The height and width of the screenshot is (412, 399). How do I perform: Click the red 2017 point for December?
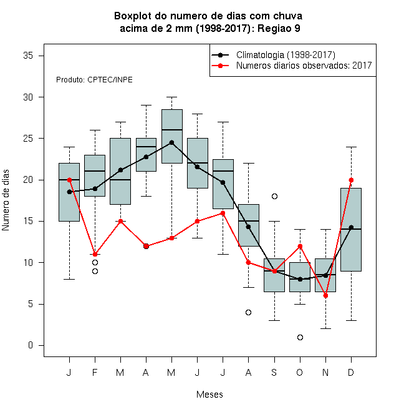[x=351, y=180]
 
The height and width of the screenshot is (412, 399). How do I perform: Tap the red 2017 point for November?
[x=325, y=296]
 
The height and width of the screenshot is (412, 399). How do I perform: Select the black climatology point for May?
[x=171, y=142]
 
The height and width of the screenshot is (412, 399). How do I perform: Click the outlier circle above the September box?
[x=274, y=196]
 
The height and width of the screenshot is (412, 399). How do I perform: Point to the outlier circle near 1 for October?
[x=300, y=337]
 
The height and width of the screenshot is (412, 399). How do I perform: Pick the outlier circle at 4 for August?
[x=248, y=312]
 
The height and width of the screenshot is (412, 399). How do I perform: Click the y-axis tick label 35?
[x=28, y=56]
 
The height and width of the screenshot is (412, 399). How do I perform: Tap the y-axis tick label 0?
[x=31, y=345]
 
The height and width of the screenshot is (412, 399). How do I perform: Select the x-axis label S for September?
[x=274, y=372]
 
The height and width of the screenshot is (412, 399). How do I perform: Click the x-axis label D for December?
[x=351, y=372]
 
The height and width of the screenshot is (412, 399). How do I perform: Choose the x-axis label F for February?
[x=95, y=372]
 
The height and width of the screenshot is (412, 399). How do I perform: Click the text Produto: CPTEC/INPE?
[x=94, y=80]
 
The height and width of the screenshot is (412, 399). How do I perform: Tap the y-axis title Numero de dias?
[x=6, y=200]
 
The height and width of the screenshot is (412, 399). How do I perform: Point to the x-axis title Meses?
[x=209, y=395]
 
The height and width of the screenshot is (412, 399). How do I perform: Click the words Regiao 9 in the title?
[x=279, y=28]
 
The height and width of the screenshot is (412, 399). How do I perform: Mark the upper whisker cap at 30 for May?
[x=171, y=97]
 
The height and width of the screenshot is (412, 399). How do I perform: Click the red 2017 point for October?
[x=300, y=246]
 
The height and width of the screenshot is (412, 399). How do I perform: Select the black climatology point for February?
[x=95, y=189]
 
